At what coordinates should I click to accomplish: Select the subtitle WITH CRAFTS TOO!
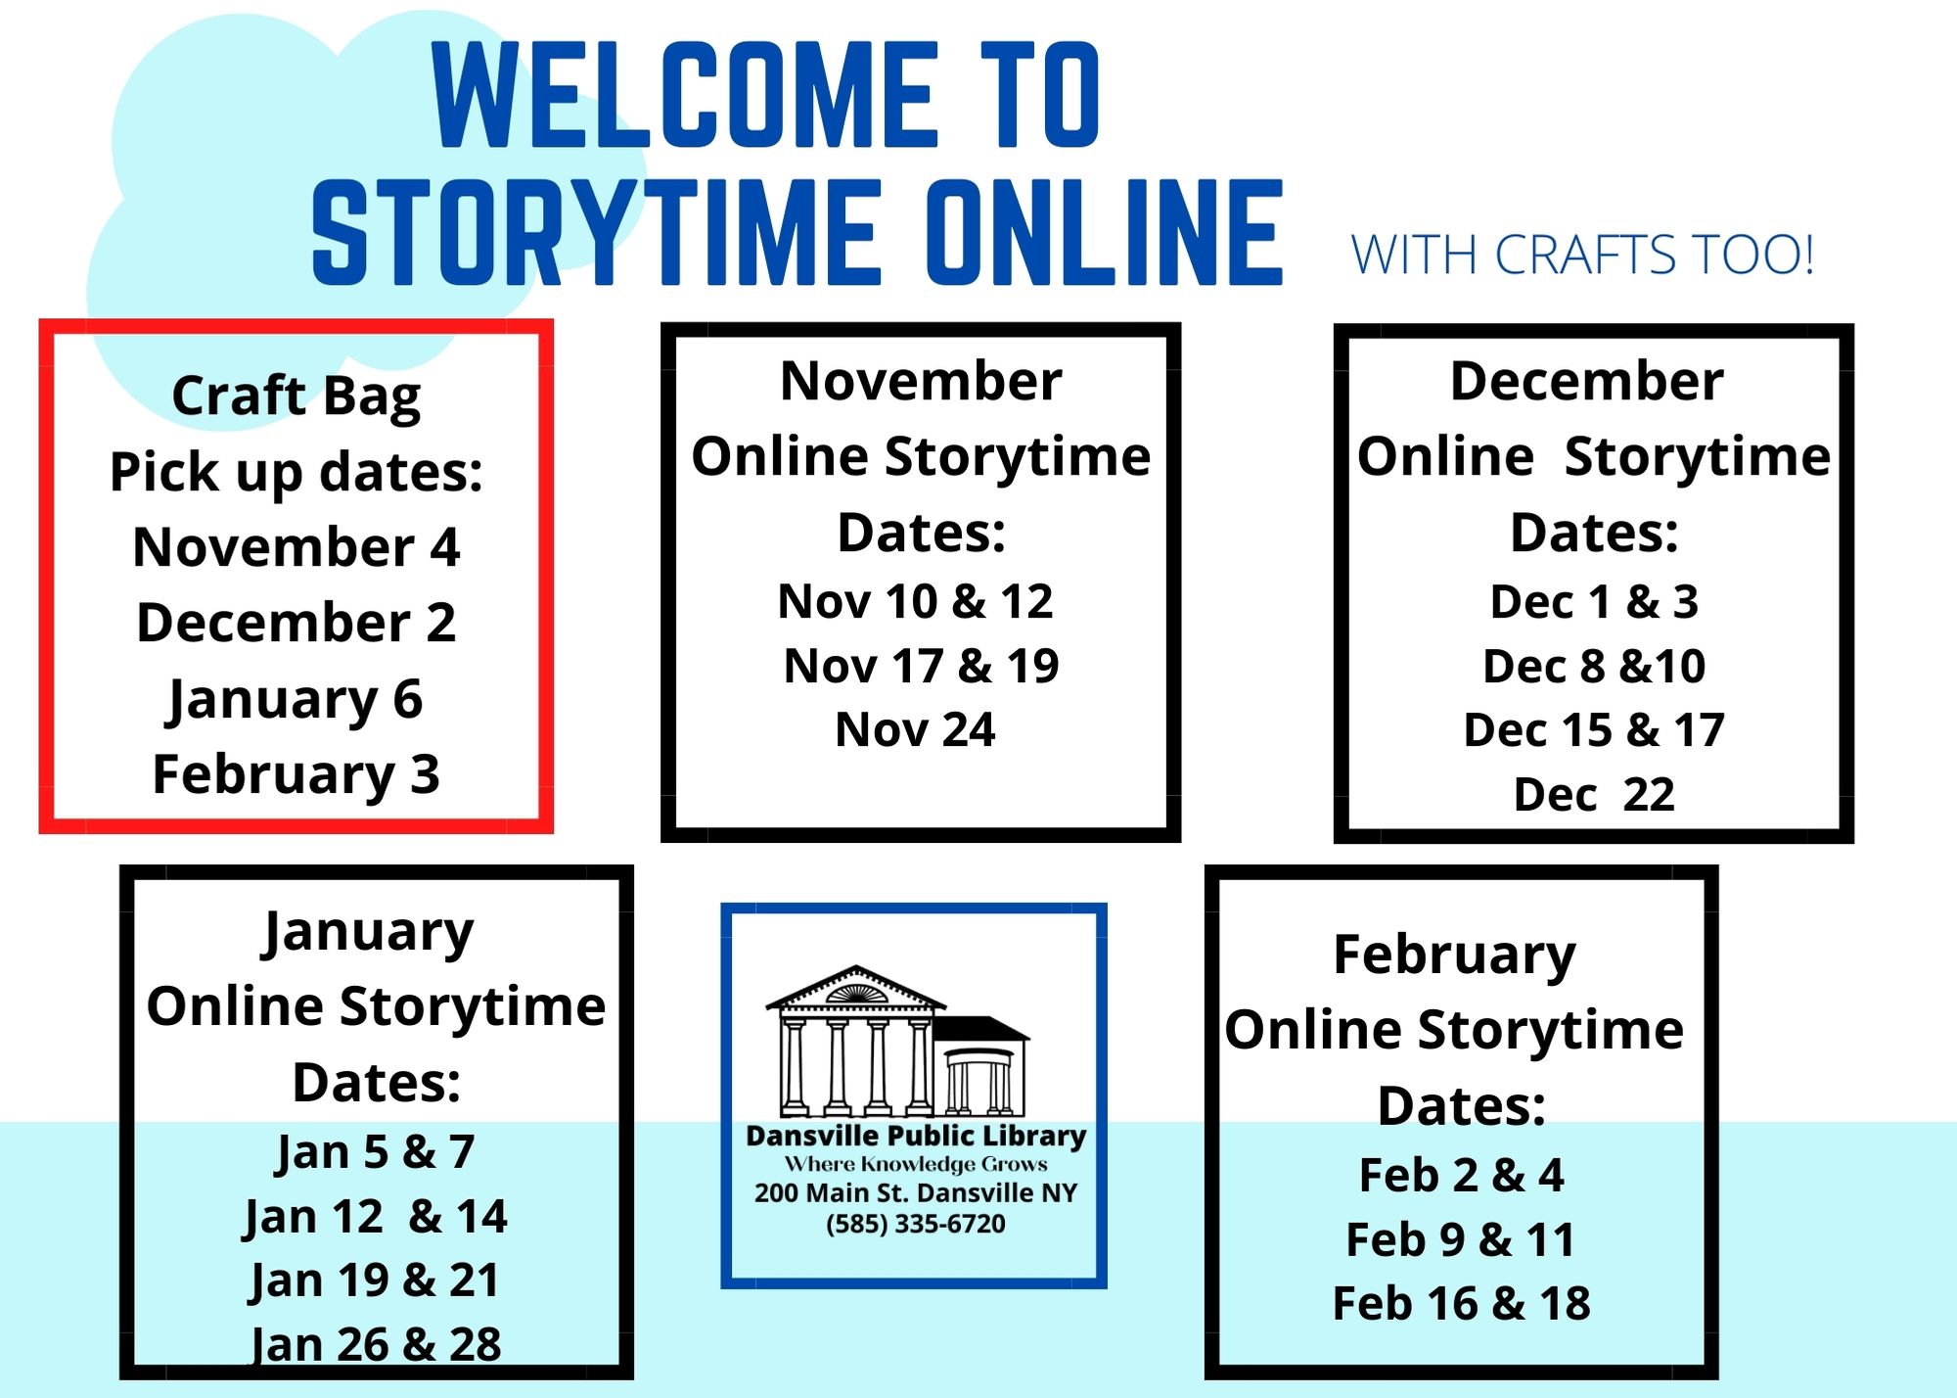[x=1582, y=255]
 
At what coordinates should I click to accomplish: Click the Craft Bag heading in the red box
[x=296, y=396]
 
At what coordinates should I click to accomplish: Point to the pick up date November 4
[x=296, y=546]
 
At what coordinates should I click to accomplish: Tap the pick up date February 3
[x=296, y=775]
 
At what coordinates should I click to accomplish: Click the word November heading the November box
[x=921, y=381]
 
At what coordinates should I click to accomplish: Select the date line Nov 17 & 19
[x=921, y=667]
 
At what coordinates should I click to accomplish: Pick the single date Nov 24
[x=915, y=730]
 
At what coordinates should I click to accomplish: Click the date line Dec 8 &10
[x=1594, y=667]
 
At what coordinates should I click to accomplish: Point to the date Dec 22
[x=1594, y=795]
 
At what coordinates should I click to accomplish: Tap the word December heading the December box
[x=1586, y=381]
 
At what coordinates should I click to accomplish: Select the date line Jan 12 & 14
[x=375, y=1218]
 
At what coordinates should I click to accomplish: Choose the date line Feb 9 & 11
[x=1461, y=1240]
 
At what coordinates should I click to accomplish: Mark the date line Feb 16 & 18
[x=1461, y=1304]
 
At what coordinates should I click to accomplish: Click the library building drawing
[x=897, y=1042]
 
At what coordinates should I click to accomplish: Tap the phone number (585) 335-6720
[x=915, y=1225]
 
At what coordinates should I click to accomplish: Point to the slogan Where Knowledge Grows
[x=916, y=1164]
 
